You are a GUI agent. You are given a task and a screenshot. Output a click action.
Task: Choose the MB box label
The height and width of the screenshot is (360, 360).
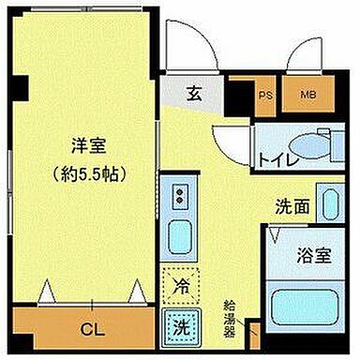(x=307, y=94)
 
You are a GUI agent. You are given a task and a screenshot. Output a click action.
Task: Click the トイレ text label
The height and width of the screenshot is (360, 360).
(x=278, y=158)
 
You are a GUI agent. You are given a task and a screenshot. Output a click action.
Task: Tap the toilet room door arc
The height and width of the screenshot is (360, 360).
(x=230, y=145)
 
